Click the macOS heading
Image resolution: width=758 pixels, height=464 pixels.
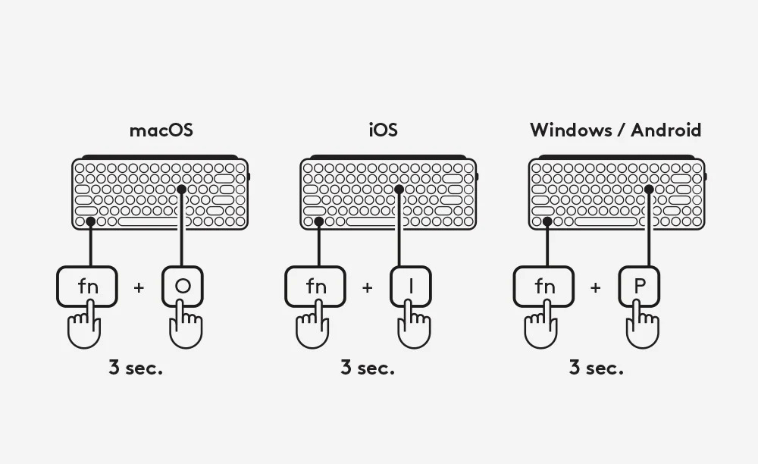click(161, 130)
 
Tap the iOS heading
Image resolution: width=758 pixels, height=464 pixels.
click(384, 130)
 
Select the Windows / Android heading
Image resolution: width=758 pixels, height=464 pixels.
click(615, 130)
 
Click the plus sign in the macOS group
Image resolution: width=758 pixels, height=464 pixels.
click(139, 287)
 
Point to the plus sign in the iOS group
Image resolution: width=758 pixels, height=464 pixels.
click(368, 287)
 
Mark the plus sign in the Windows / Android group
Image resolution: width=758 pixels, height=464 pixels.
click(596, 287)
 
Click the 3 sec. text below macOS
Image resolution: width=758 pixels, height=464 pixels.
click(136, 368)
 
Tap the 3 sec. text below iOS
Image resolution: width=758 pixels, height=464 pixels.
click(368, 368)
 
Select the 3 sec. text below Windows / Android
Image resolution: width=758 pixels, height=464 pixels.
click(596, 368)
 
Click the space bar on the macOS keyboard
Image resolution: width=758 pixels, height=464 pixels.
click(149, 222)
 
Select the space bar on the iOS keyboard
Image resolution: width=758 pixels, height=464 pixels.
click(377, 222)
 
